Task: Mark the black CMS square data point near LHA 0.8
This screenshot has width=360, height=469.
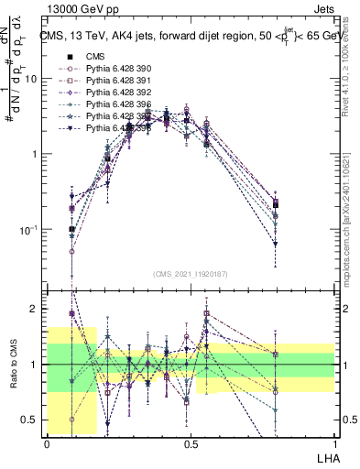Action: point(276,204)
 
